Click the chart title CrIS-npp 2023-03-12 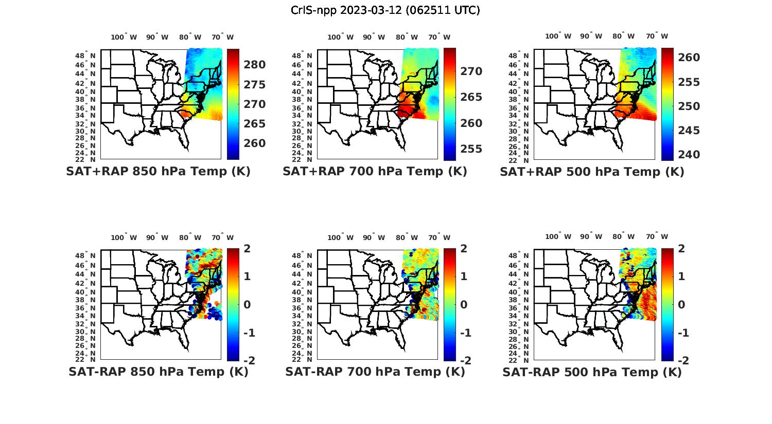coord(385,10)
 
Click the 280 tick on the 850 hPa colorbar coord(255,65)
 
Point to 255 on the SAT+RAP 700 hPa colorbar coord(471,149)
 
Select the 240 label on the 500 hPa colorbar coord(689,154)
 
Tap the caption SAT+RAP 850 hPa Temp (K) coord(158,172)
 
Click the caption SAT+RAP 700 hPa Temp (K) coord(375,172)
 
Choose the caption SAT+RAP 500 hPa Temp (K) coord(592,172)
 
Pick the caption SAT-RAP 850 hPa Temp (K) coord(158,372)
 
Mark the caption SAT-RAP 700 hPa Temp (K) coord(375,372)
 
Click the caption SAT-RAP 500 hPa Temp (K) coord(592,372)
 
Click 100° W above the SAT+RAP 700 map coord(340,37)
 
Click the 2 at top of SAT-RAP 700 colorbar coord(464,249)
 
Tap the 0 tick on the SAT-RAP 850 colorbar coord(247,304)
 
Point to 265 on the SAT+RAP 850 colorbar coord(255,124)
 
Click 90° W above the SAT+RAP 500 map coord(591,36)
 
